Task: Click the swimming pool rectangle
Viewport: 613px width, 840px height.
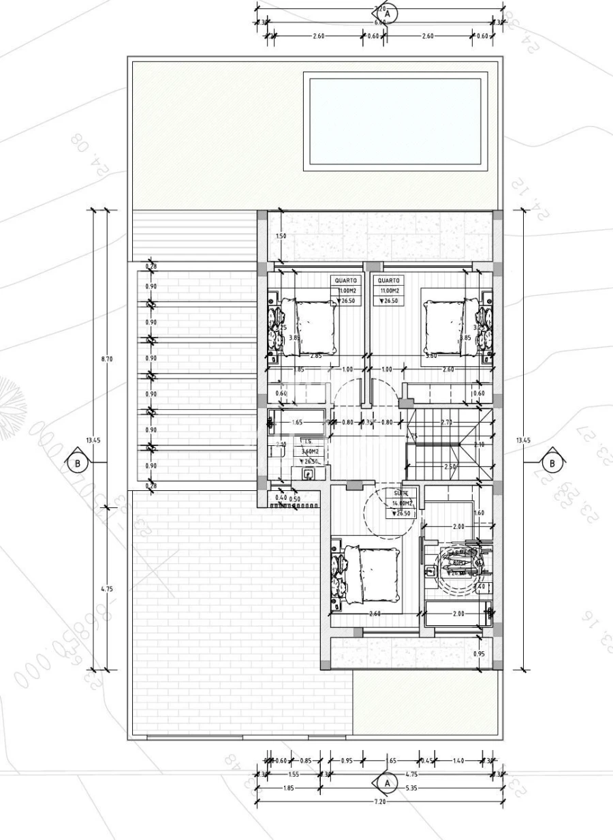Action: point(395,122)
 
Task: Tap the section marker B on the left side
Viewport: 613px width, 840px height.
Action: point(77,463)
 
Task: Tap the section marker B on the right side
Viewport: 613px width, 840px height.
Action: point(552,463)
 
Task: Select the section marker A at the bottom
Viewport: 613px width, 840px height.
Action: point(387,783)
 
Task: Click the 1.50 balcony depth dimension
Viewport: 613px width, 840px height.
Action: point(281,236)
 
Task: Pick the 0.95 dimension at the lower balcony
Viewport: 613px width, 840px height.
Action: point(480,654)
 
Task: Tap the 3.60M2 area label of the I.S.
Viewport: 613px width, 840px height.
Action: point(311,451)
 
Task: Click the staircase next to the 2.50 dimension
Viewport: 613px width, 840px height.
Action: point(446,443)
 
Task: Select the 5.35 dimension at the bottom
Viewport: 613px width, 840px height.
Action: point(413,788)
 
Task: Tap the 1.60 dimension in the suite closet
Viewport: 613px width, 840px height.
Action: point(478,513)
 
